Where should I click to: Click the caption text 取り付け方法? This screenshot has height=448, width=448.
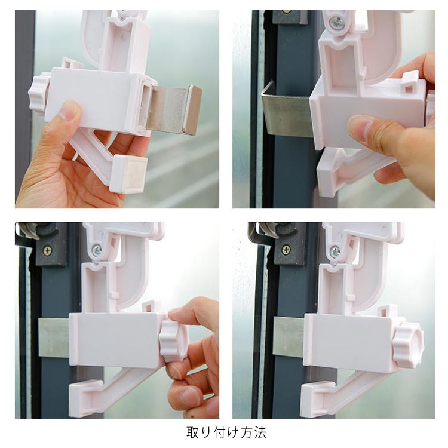[226, 432]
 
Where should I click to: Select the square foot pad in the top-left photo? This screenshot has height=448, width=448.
[128, 174]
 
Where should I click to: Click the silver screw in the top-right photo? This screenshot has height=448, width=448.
[337, 23]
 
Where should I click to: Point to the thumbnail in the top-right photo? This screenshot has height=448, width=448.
[363, 127]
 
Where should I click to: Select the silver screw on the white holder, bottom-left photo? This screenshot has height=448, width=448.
[97, 250]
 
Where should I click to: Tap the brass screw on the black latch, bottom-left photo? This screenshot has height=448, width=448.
[47, 251]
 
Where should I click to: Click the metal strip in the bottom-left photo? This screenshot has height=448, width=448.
[54, 338]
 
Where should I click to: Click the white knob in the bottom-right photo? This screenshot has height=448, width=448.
[408, 344]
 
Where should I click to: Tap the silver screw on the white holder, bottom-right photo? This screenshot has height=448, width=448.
[335, 251]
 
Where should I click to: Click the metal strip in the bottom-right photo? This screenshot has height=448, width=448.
[289, 336]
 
